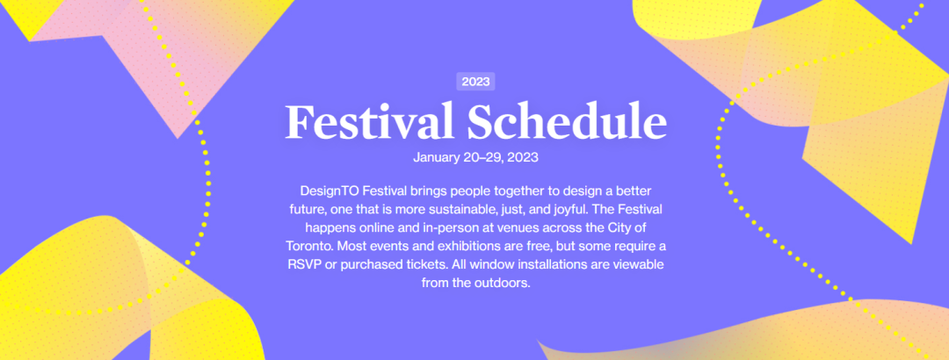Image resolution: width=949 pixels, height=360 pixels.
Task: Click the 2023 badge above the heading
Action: pos(475,82)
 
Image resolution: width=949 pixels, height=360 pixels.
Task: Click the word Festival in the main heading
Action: pos(369,122)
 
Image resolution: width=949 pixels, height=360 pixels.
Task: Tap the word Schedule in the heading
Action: pos(567,122)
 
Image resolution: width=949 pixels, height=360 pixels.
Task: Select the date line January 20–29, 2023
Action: pos(475,158)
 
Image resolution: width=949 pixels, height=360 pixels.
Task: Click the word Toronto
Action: pos(307,247)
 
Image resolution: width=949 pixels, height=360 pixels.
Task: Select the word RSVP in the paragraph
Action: pos(304,265)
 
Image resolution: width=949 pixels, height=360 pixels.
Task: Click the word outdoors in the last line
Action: pos(504,283)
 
